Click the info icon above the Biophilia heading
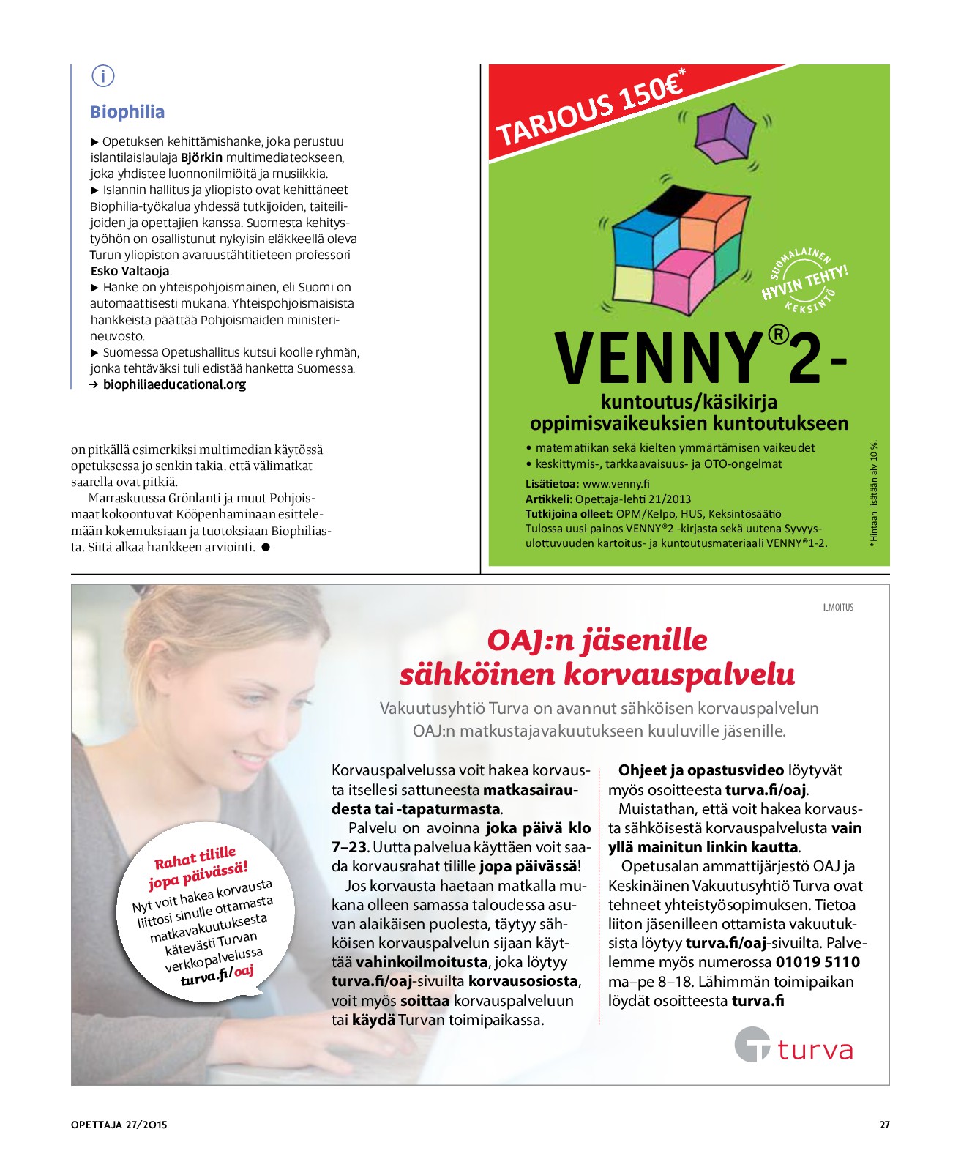tap(103, 75)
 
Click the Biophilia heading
tap(127, 112)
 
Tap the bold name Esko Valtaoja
tap(130, 271)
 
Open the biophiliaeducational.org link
tap(174, 385)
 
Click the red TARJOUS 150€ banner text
tap(590, 111)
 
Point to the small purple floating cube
tap(724, 132)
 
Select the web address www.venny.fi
tap(616, 484)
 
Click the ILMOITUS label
tap(838, 607)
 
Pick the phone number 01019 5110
tap(818, 962)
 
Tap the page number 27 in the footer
tap(884, 1125)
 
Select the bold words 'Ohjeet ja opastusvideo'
tap(700, 770)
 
